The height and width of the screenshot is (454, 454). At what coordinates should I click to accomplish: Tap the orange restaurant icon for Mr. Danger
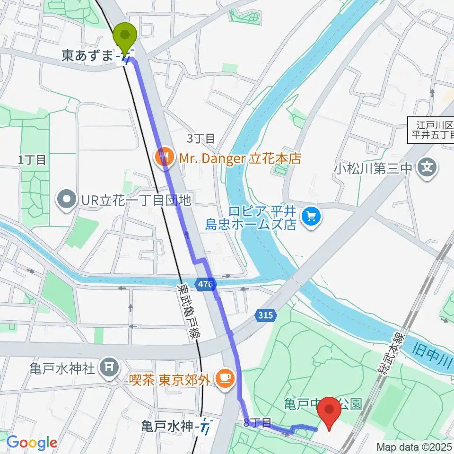click(164, 157)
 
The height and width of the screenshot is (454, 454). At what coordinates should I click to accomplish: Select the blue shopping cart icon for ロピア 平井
click(311, 217)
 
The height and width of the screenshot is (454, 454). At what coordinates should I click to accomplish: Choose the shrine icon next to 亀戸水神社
click(110, 367)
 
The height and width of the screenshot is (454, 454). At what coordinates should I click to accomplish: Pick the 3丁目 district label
click(201, 139)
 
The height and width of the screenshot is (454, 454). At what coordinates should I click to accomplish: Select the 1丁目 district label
click(33, 160)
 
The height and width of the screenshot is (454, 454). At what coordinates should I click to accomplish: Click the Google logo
click(32, 443)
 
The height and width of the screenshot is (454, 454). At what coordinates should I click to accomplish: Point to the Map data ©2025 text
click(414, 446)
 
